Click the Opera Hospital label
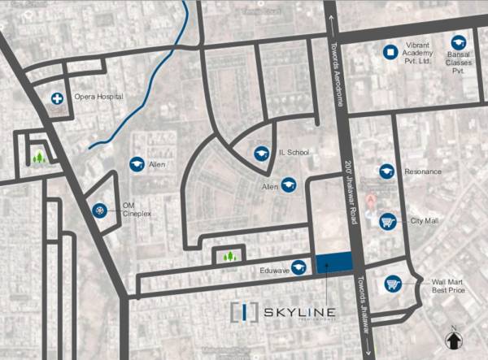tap(98, 98)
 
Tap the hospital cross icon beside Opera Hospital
tap(59, 98)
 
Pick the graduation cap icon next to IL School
tap(262, 153)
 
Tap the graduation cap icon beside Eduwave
tap(299, 266)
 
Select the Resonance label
tap(422, 171)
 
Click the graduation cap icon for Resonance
tap(387, 171)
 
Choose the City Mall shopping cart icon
tap(388, 220)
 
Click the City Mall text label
tap(424, 221)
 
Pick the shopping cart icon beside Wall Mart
tap(394, 284)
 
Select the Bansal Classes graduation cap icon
tap(459, 41)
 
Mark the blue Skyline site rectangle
tap(333, 261)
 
